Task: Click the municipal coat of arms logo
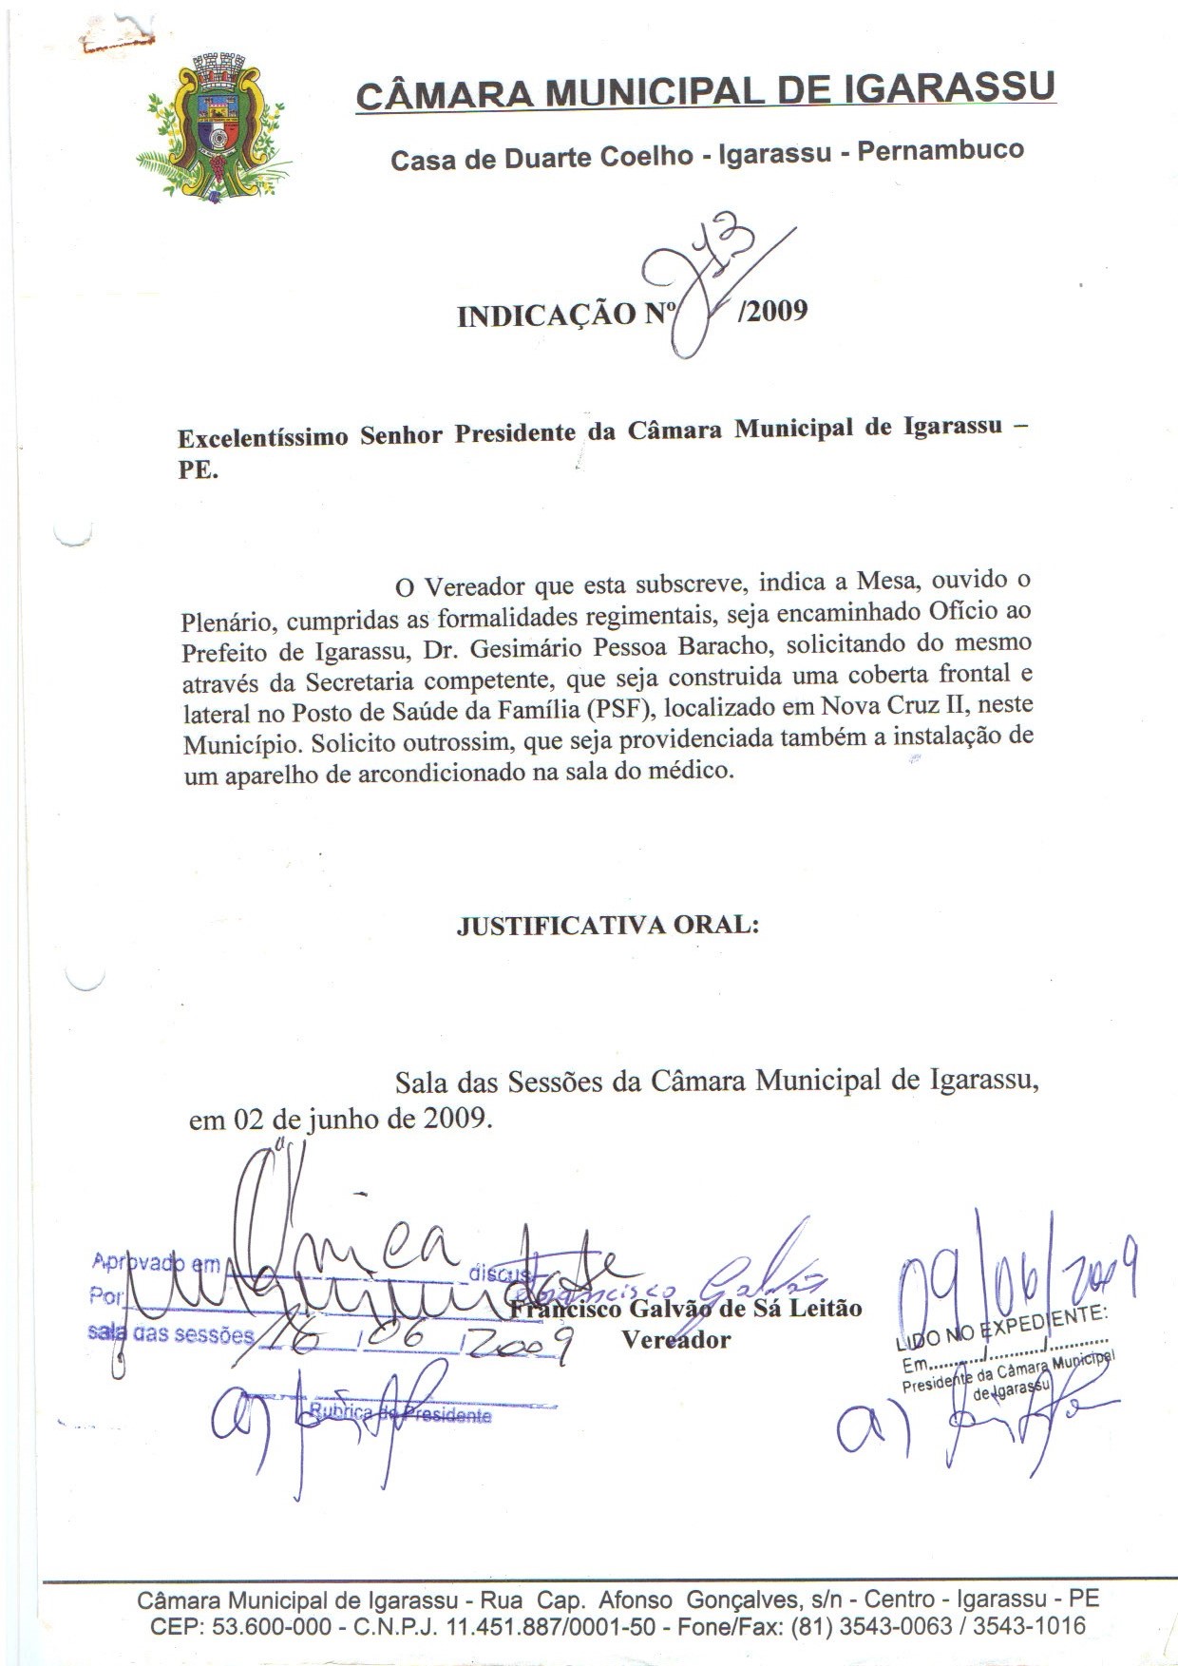214,126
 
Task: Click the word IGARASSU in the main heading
949,87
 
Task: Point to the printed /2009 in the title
772,311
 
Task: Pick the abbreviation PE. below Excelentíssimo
198,469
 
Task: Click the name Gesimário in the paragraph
518,649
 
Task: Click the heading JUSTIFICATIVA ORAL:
608,925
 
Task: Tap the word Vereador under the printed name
675,1340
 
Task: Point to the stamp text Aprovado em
156,1264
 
